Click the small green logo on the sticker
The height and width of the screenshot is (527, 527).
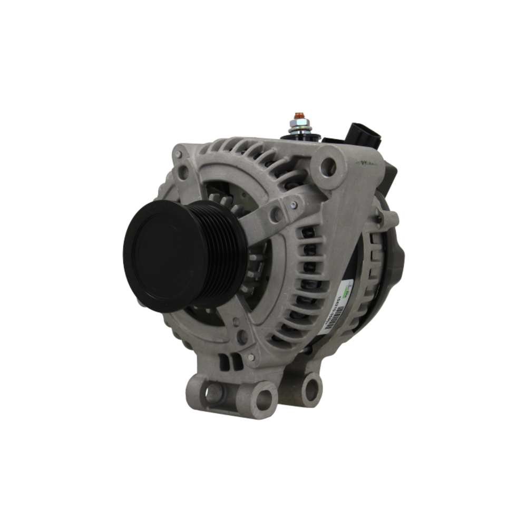click(x=346, y=293)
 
